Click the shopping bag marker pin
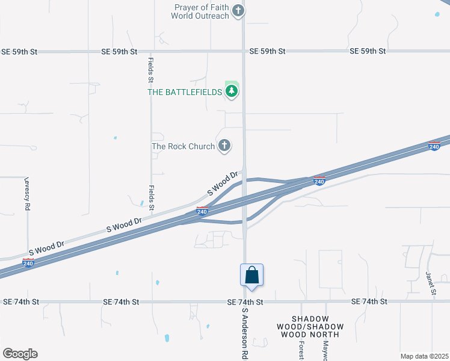[252, 276]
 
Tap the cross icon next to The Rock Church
[224, 146]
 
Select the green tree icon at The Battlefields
[232, 91]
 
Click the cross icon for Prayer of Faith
[238, 11]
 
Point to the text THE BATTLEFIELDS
[185, 92]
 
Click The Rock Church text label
[183, 146]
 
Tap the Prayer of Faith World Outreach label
[202, 11]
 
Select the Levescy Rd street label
[28, 193]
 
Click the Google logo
[20, 354]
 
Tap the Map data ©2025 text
[424, 356]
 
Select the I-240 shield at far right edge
[434, 146]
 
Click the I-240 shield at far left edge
[28, 262]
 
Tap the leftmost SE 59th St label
[19, 52]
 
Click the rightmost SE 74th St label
[369, 301]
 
